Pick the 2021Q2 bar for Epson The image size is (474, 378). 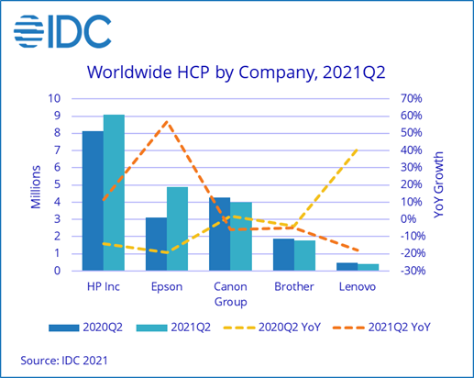pos(178,228)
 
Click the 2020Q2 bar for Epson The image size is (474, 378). pos(156,244)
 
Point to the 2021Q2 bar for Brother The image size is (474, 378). pos(304,255)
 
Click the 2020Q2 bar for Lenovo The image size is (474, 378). pos(347,266)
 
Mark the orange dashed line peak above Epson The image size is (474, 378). pos(167,121)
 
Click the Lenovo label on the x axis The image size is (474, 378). pos(358,286)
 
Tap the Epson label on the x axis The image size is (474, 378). pos(167,286)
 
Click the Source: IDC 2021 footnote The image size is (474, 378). pos(63,360)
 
